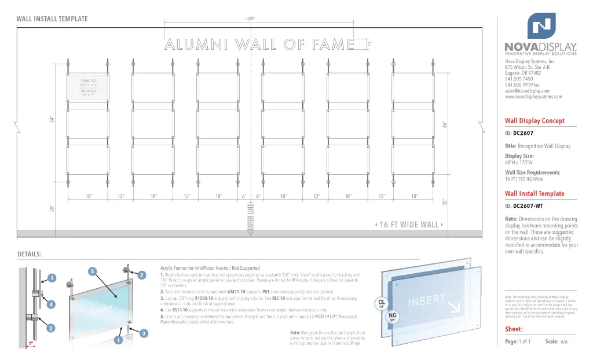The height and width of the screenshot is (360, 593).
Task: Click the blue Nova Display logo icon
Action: [x=541, y=25]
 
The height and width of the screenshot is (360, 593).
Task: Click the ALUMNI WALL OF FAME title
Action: [x=259, y=44]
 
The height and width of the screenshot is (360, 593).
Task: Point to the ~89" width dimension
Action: [x=250, y=19]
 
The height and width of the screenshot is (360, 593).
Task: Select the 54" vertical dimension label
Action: [x=51, y=119]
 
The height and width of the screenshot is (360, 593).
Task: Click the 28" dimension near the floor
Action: [x=51, y=208]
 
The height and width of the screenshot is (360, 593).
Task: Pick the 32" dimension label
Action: [x=445, y=202]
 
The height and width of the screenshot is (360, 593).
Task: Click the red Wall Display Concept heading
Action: [x=535, y=121]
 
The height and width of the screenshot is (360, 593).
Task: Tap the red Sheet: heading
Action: [x=514, y=329]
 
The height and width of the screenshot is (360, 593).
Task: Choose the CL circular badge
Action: [x=382, y=303]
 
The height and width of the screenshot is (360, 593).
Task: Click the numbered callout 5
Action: [x=91, y=271]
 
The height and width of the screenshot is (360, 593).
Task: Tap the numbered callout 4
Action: [x=52, y=304]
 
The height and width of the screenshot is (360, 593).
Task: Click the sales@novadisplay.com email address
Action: [x=526, y=91]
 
